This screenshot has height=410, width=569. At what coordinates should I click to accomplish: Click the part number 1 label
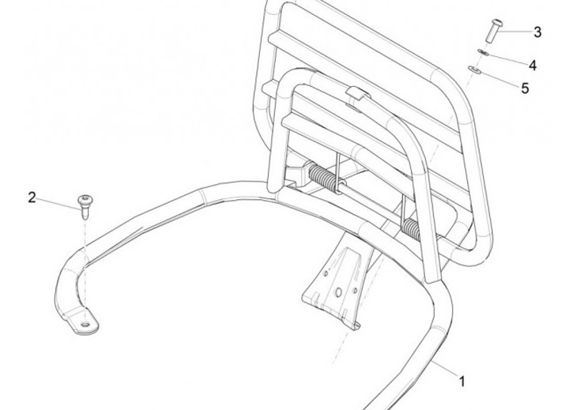[x=462, y=381]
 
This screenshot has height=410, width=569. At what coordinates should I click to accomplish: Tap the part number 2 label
[x=32, y=197]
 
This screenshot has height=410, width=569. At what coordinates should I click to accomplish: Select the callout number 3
[x=537, y=32]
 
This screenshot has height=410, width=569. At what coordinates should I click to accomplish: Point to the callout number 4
[x=533, y=65]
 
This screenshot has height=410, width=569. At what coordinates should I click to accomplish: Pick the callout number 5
[x=525, y=88]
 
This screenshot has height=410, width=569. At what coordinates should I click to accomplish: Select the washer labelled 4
[x=486, y=54]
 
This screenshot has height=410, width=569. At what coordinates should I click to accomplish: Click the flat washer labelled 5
[x=475, y=70]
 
